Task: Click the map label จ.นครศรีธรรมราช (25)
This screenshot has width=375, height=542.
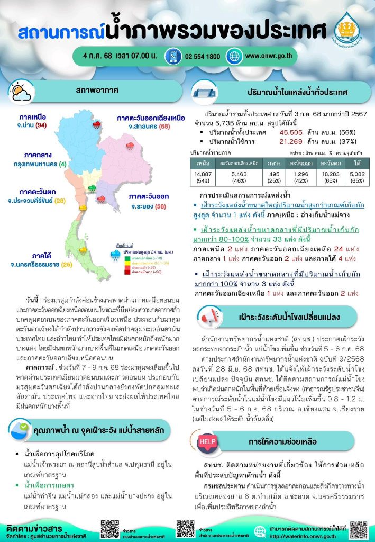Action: click(x=45, y=264)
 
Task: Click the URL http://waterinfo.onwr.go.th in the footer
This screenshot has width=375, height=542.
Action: click(x=307, y=536)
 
